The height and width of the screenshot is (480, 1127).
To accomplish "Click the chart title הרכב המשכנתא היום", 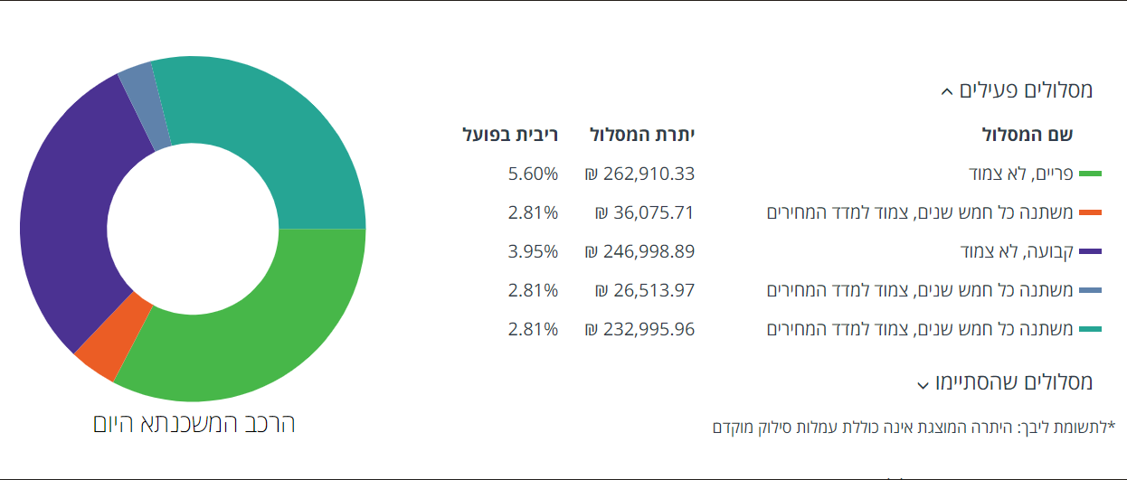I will [194, 423].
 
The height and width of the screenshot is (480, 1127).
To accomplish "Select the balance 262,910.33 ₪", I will [639, 174].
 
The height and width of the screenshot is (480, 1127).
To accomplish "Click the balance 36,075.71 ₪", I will [644, 212].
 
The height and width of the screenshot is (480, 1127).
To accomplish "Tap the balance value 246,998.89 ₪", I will [639, 251].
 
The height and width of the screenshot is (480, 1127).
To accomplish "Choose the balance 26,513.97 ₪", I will [644, 290].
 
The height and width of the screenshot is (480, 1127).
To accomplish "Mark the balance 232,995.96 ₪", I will [639, 329].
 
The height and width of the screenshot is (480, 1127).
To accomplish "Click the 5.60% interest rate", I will [533, 174].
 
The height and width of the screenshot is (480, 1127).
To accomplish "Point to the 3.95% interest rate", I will [533, 251].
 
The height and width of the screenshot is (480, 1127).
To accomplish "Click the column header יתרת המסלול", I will [642, 136].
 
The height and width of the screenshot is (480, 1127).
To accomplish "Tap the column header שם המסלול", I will [1028, 136].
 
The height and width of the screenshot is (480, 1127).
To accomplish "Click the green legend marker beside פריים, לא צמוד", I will [1091, 174].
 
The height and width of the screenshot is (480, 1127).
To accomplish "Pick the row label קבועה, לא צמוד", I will [1017, 251].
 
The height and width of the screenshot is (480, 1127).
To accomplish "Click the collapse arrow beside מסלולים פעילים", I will [946, 91].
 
